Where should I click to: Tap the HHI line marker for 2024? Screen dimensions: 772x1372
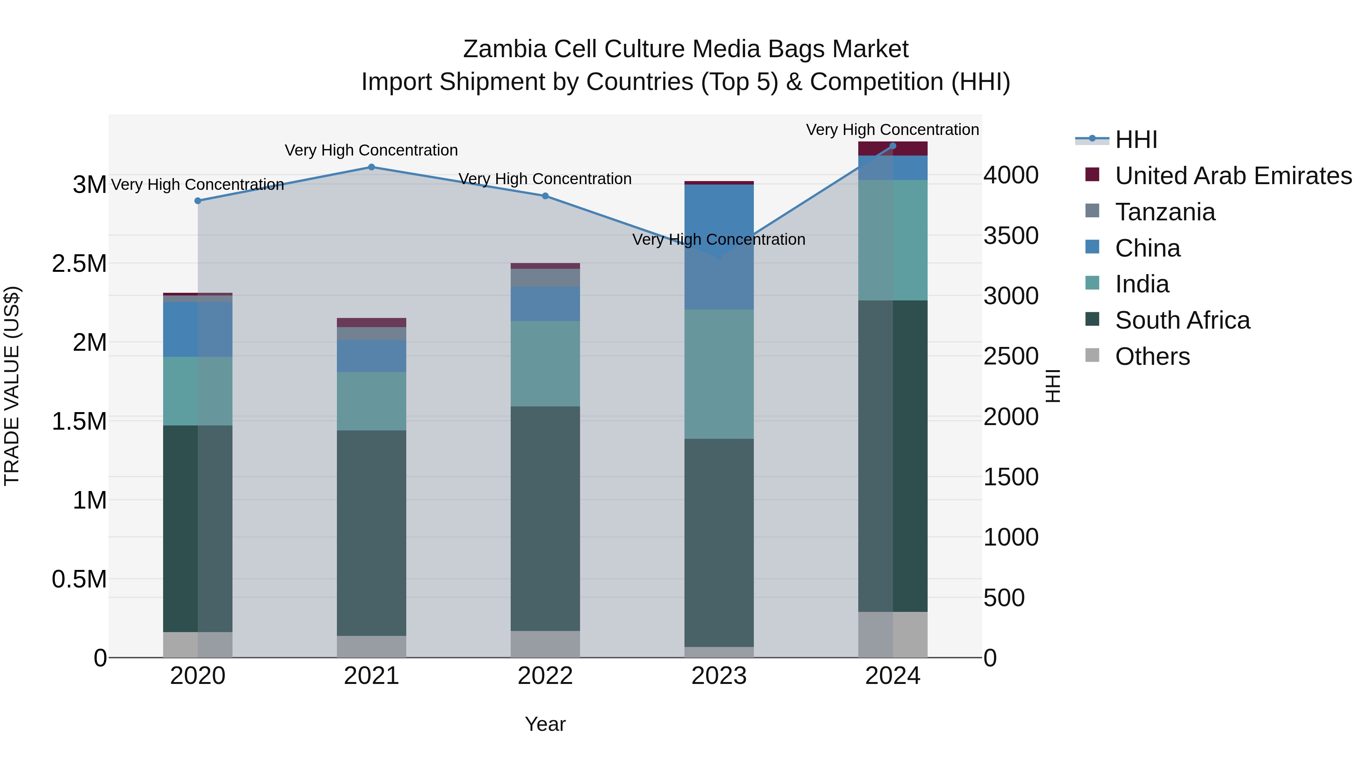tap(893, 146)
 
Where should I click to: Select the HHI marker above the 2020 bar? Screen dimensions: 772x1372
tap(197, 201)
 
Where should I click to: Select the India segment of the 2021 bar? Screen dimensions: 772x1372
tap(371, 401)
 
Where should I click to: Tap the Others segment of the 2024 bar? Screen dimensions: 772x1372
tap(893, 634)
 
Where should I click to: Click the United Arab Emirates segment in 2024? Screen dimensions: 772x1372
tap(893, 149)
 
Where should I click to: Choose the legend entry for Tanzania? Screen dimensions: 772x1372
tap(1165, 212)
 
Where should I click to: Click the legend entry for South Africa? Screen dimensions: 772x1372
tap(1182, 320)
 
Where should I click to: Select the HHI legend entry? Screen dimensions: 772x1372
tap(1136, 140)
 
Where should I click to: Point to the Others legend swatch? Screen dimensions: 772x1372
tap(1092, 355)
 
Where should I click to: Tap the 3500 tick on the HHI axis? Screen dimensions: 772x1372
tap(1010, 236)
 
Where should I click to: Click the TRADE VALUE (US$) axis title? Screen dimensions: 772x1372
tap(12, 386)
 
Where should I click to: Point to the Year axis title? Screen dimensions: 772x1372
tap(545, 724)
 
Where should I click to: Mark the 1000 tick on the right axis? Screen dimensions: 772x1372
tap(1010, 537)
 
